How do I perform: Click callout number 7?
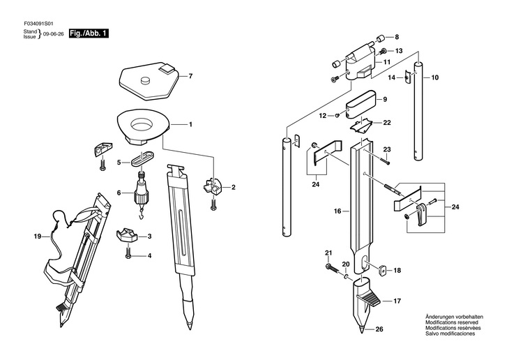click(x=190, y=75)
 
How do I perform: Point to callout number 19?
click(x=38, y=237)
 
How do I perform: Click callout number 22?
click(x=386, y=123)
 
